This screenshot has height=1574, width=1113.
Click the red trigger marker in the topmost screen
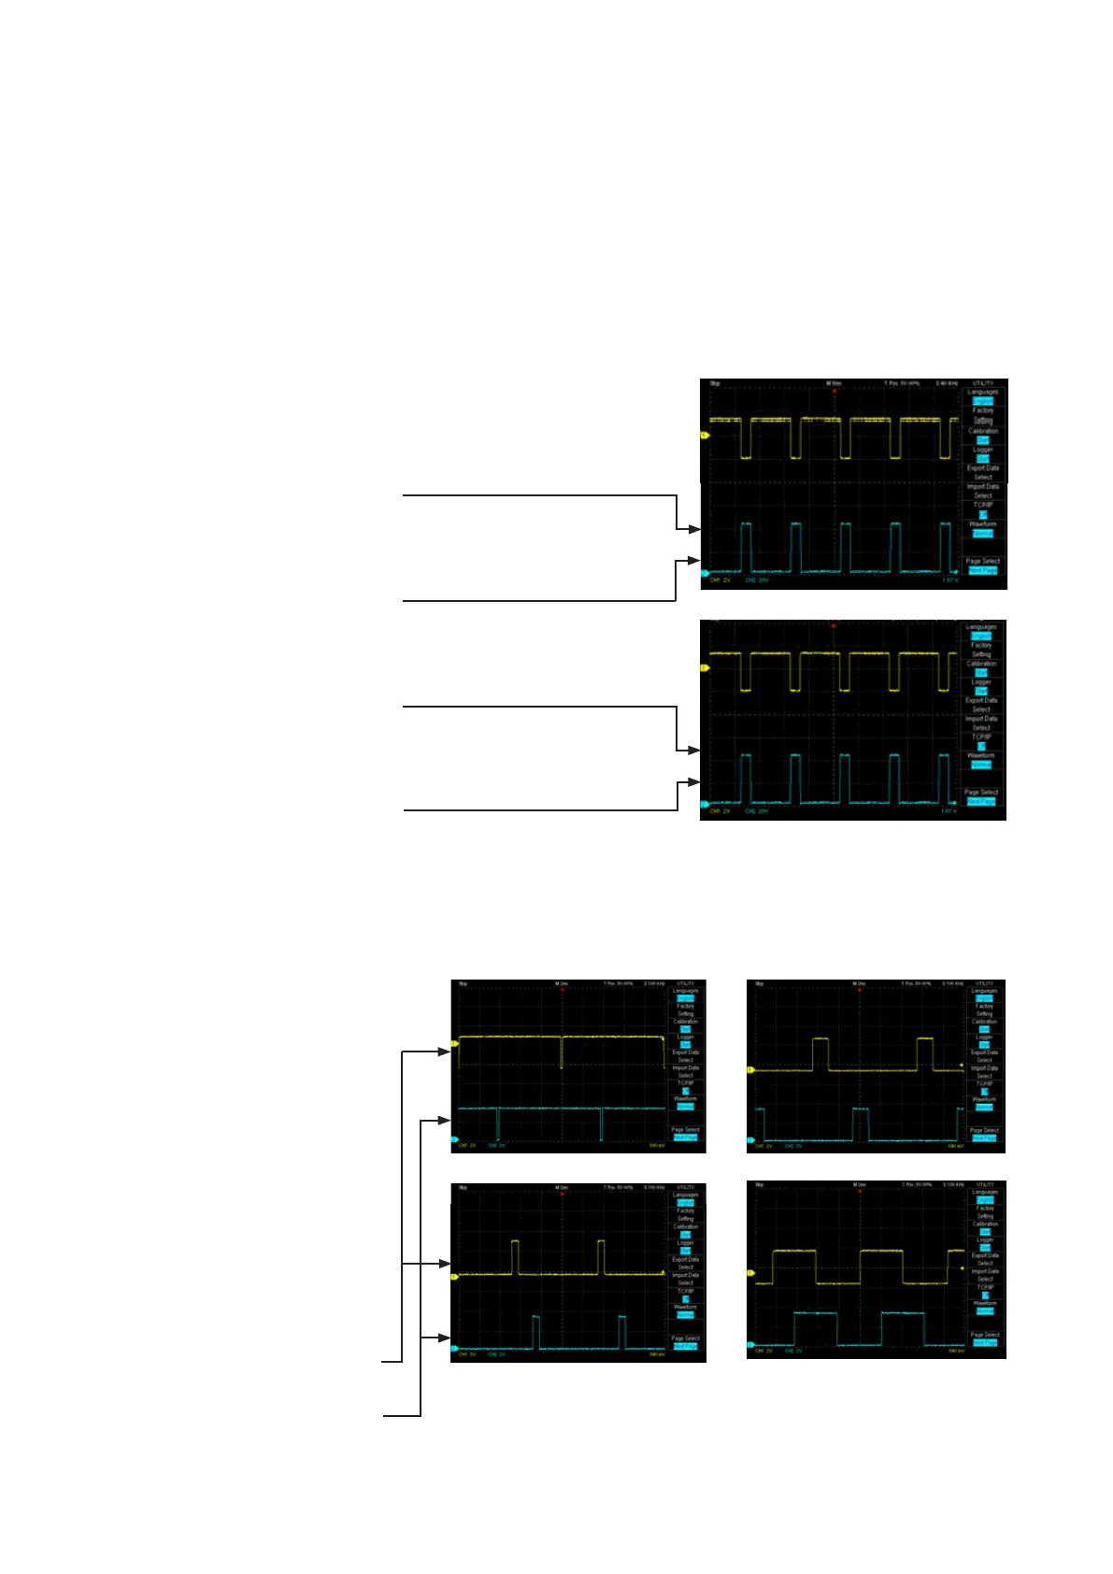point(834,391)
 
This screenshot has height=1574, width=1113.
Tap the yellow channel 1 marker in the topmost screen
point(706,436)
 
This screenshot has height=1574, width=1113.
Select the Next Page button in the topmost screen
point(982,570)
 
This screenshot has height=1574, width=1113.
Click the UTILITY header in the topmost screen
point(983,383)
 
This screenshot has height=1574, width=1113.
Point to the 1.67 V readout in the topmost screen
point(949,580)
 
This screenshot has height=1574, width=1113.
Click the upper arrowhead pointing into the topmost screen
point(694,529)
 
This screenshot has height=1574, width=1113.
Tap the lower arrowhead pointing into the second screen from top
point(693,782)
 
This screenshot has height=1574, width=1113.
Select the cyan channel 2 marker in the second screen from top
point(705,804)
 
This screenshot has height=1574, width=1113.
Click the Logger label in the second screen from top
point(980,682)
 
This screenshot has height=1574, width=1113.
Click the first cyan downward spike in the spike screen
point(498,1122)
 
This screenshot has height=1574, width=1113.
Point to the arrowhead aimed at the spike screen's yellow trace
point(445,1052)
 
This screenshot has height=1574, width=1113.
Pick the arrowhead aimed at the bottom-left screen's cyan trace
point(445,1338)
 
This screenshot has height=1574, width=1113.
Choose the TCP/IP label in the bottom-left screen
point(685,1291)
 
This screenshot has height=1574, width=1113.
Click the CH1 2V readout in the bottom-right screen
point(763,1351)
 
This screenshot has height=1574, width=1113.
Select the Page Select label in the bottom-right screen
point(985,1335)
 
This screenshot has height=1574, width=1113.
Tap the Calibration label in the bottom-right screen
point(985,1223)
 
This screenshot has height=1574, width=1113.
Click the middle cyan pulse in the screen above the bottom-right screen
point(860,1124)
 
